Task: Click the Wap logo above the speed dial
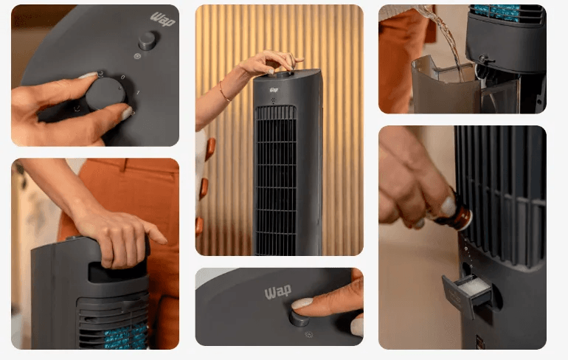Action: coord(163,19)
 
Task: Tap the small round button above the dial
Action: coord(148,41)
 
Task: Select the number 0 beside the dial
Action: coord(123,77)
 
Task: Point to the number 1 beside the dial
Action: coord(138,93)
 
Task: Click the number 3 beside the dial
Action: coord(101,75)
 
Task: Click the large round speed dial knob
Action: coord(105,94)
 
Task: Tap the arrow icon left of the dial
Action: coord(77,108)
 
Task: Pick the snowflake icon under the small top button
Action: coord(137,56)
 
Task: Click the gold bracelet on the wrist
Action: coord(224,92)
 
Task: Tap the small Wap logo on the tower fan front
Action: coord(274,89)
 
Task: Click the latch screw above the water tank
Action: coord(482,59)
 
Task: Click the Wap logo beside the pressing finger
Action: coord(278,292)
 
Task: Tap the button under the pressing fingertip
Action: coord(300,319)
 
